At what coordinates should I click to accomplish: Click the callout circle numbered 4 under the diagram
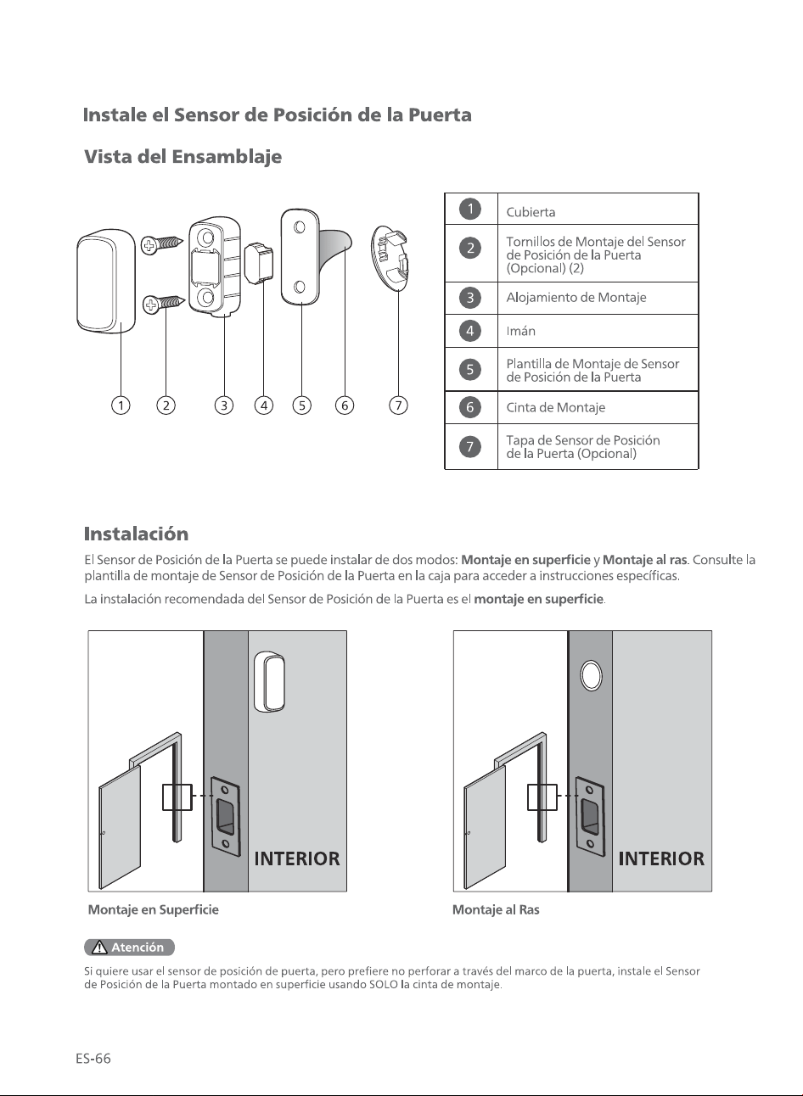pyautogui.click(x=264, y=405)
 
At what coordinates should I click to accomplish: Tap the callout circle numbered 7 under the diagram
pyautogui.click(x=398, y=405)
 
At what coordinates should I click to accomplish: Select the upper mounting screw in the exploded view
pyautogui.click(x=161, y=243)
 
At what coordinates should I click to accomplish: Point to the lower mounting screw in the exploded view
pyautogui.click(x=164, y=304)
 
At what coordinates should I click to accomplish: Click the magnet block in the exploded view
pyautogui.click(x=259, y=262)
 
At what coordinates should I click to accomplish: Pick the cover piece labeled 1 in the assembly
pyautogui.click(x=106, y=281)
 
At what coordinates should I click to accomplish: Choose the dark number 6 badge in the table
pyautogui.click(x=470, y=407)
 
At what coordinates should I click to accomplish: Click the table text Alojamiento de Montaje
pyautogui.click(x=576, y=298)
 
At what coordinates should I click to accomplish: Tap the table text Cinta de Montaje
pyautogui.click(x=556, y=407)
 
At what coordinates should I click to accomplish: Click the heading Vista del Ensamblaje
pyautogui.click(x=183, y=157)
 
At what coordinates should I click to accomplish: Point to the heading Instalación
pyautogui.click(x=136, y=534)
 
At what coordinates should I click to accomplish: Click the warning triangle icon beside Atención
pyautogui.click(x=99, y=948)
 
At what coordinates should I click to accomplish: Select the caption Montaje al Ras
pyautogui.click(x=496, y=910)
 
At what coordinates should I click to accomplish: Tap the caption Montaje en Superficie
pyautogui.click(x=154, y=910)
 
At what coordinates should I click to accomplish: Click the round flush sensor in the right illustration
pyautogui.click(x=591, y=676)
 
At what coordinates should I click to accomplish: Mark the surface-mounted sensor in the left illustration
pyautogui.click(x=269, y=681)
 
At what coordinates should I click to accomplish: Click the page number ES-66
pyautogui.click(x=93, y=1059)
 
